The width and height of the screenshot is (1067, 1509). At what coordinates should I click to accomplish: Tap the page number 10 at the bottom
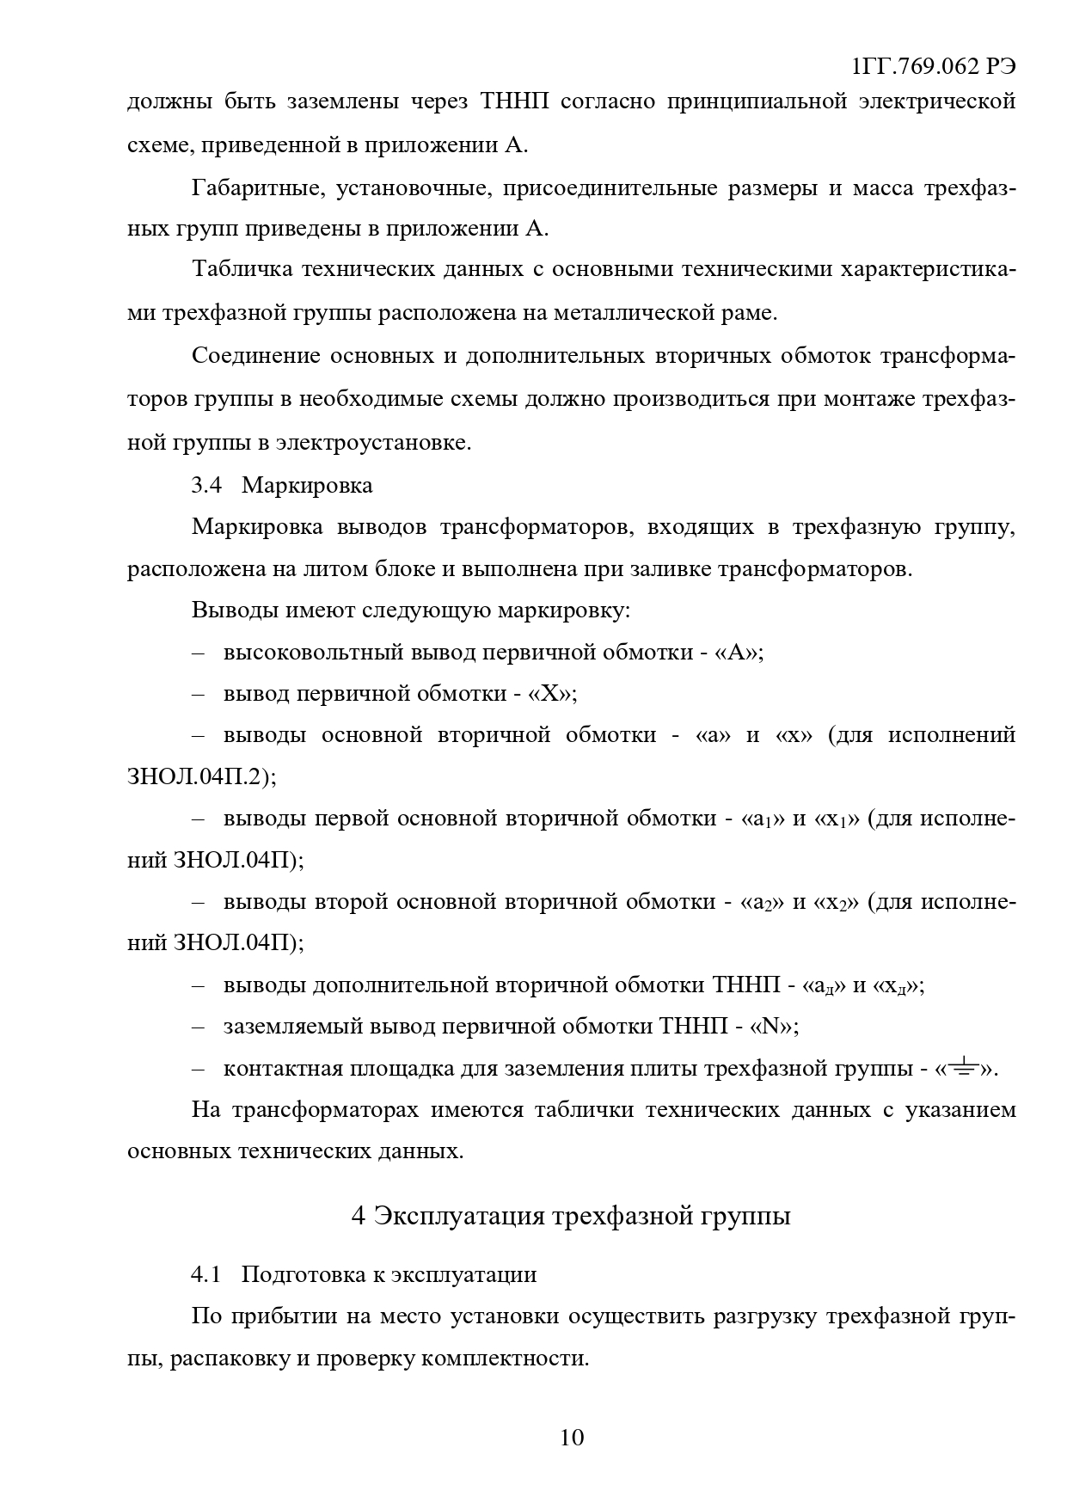[x=572, y=1437]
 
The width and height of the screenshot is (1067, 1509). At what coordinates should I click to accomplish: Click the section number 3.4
[x=206, y=485]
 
